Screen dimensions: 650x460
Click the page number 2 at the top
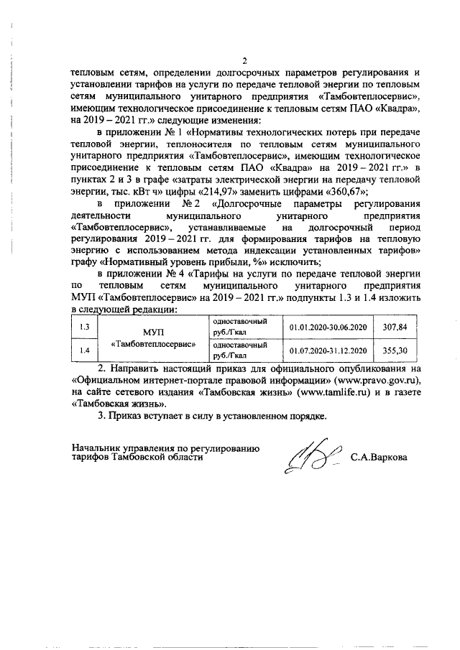245,60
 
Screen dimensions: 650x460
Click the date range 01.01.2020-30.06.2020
328,327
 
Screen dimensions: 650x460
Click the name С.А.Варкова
378,457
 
